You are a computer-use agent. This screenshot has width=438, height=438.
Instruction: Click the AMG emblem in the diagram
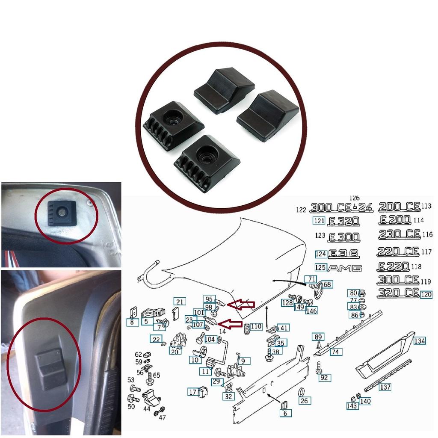pyautogui.click(x=345, y=268)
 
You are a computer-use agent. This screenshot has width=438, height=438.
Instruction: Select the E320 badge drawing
pyautogui.click(x=343, y=222)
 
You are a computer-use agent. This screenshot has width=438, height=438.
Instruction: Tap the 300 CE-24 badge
pyautogui.click(x=341, y=208)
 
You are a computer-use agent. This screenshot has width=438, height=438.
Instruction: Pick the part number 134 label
pyautogui.click(x=420, y=340)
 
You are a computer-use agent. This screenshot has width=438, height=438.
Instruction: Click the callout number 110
pyautogui.click(x=256, y=326)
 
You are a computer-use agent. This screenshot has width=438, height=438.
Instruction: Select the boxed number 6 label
pyautogui.click(x=285, y=413)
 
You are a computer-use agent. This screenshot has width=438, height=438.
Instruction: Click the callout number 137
pyautogui.click(x=385, y=387)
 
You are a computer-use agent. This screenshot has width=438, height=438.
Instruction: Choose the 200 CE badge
pyautogui.click(x=400, y=207)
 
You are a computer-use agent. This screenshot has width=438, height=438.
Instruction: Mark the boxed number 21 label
pyautogui.click(x=180, y=302)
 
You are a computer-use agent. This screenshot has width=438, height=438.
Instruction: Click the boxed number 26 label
pyautogui.click(x=304, y=401)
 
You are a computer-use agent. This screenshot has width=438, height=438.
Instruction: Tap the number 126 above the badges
pyautogui.click(x=355, y=198)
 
